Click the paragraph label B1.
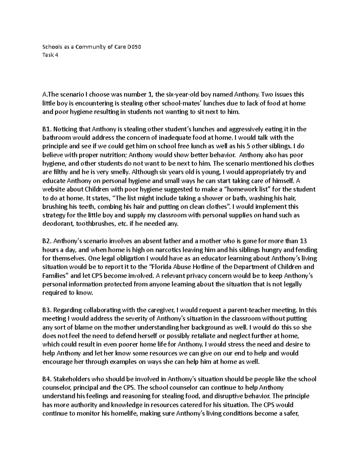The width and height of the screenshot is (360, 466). [47, 129]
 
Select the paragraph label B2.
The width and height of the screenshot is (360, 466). [47, 241]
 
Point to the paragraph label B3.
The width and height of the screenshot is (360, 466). [47, 310]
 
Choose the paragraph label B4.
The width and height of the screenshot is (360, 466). [47, 379]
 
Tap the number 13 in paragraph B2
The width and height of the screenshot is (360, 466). [303, 241]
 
